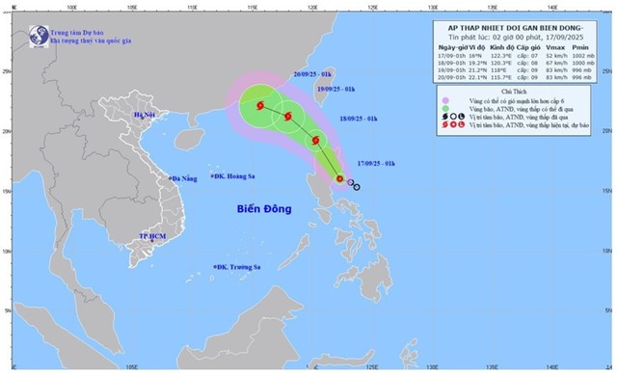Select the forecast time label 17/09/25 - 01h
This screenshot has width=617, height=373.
click(376, 166)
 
